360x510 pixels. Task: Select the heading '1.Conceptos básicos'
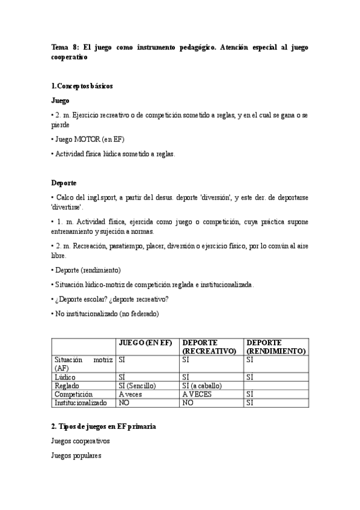point(82,86)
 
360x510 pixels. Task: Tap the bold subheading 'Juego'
point(61,101)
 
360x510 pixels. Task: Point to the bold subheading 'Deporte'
point(64,182)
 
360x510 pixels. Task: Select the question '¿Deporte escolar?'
point(84,299)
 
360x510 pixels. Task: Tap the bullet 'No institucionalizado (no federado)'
point(105,313)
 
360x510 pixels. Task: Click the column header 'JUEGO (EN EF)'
point(145,342)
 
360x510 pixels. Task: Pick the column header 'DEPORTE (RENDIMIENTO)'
point(276,346)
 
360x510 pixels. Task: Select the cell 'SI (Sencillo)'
point(137,386)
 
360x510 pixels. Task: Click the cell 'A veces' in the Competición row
point(130,395)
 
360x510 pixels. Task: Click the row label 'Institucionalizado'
point(81,403)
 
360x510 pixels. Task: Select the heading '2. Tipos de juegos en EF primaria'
point(104,426)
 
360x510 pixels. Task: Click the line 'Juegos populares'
point(76,456)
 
